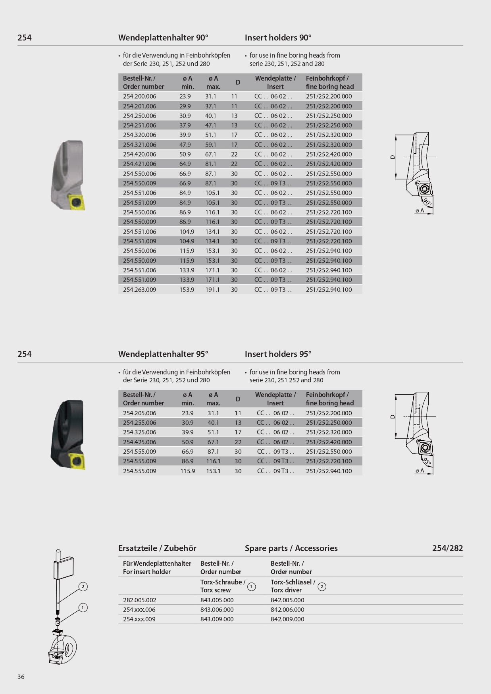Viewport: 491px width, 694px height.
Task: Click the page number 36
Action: tap(21, 677)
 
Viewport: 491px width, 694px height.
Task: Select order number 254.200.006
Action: tap(139, 96)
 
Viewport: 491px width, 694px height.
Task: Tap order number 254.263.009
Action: tap(139, 290)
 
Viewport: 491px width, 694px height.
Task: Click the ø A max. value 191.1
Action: tap(212, 290)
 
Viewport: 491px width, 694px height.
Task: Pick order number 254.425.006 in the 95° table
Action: tap(139, 442)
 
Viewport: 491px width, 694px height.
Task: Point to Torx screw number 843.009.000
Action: tap(217, 619)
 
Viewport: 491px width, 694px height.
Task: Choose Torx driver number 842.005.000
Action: tap(287, 600)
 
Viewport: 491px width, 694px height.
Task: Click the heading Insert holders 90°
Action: tap(278, 38)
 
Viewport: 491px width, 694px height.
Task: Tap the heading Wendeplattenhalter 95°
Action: tap(163, 354)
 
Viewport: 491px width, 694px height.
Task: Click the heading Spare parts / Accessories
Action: tap(291, 548)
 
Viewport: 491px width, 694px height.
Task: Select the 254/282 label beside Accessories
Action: tap(447, 548)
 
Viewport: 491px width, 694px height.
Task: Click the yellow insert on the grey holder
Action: tap(76, 202)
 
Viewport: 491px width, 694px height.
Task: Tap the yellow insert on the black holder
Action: tap(77, 461)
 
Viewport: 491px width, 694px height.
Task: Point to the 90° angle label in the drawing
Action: tap(427, 202)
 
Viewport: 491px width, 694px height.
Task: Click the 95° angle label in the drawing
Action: tap(427, 461)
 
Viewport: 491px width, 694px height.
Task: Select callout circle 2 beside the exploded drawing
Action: tap(83, 586)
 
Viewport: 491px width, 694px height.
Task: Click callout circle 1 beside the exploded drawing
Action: tap(83, 607)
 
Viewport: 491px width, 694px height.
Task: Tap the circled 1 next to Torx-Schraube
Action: tap(251, 586)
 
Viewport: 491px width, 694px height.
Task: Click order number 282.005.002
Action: tap(139, 600)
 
